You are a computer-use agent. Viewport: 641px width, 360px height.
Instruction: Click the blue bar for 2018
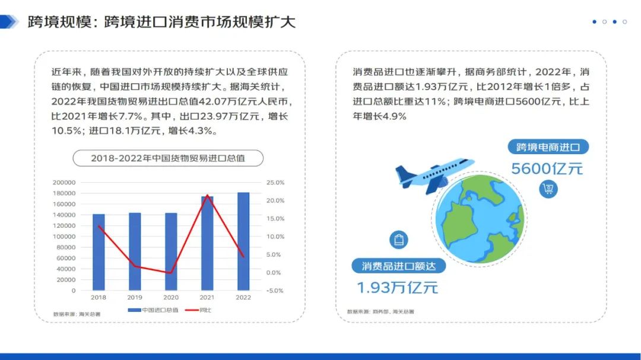(x=99, y=252)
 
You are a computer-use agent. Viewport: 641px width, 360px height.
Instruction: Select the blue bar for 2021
(x=207, y=244)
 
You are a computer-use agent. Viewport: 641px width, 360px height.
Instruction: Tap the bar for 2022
(x=243, y=241)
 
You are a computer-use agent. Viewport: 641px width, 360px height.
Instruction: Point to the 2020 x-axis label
(x=171, y=298)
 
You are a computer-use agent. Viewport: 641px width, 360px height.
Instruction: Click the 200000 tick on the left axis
(x=64, y=183)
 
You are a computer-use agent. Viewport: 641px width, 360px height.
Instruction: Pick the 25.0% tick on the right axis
(x=275, y=183)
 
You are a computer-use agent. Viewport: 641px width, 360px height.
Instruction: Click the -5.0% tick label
(x=275, y=291)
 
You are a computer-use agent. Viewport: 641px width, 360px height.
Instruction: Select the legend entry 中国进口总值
(x=153, y=310)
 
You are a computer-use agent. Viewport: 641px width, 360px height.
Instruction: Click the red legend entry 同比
(x=198, y=310)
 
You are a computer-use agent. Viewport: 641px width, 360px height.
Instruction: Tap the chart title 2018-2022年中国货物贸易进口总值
(x=168, y=158)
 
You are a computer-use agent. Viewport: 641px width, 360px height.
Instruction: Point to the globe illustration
(x=480, y=219)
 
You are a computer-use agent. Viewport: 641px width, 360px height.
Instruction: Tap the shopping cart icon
(x=548, y=189)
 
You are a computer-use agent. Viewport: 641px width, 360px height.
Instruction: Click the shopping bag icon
(x=399, y=240)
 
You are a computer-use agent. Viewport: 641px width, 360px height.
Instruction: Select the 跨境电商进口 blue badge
(x=548, y=147)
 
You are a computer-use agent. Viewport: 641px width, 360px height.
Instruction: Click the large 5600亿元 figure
(x=547, y=168)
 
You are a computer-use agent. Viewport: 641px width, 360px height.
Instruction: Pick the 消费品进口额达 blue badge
(x=399, y=266)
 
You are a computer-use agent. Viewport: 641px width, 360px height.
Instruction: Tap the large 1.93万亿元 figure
(x=397, y=288)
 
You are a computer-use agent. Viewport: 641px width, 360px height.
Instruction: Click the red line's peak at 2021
(x=208, y=195)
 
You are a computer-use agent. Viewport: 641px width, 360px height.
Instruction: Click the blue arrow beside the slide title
(x=9, y=22)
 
